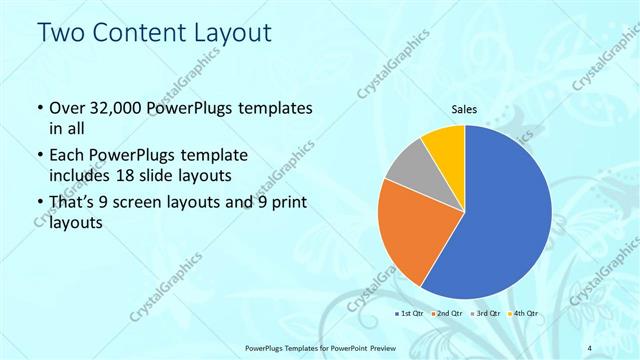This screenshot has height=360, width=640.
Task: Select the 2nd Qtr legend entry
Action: (x=447, y=314)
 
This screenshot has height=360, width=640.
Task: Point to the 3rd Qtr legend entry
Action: (x=486, y=314)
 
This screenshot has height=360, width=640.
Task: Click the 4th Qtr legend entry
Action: (x=524, y=314)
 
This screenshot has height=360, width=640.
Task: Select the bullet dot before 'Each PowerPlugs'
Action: (x=39, y=156)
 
